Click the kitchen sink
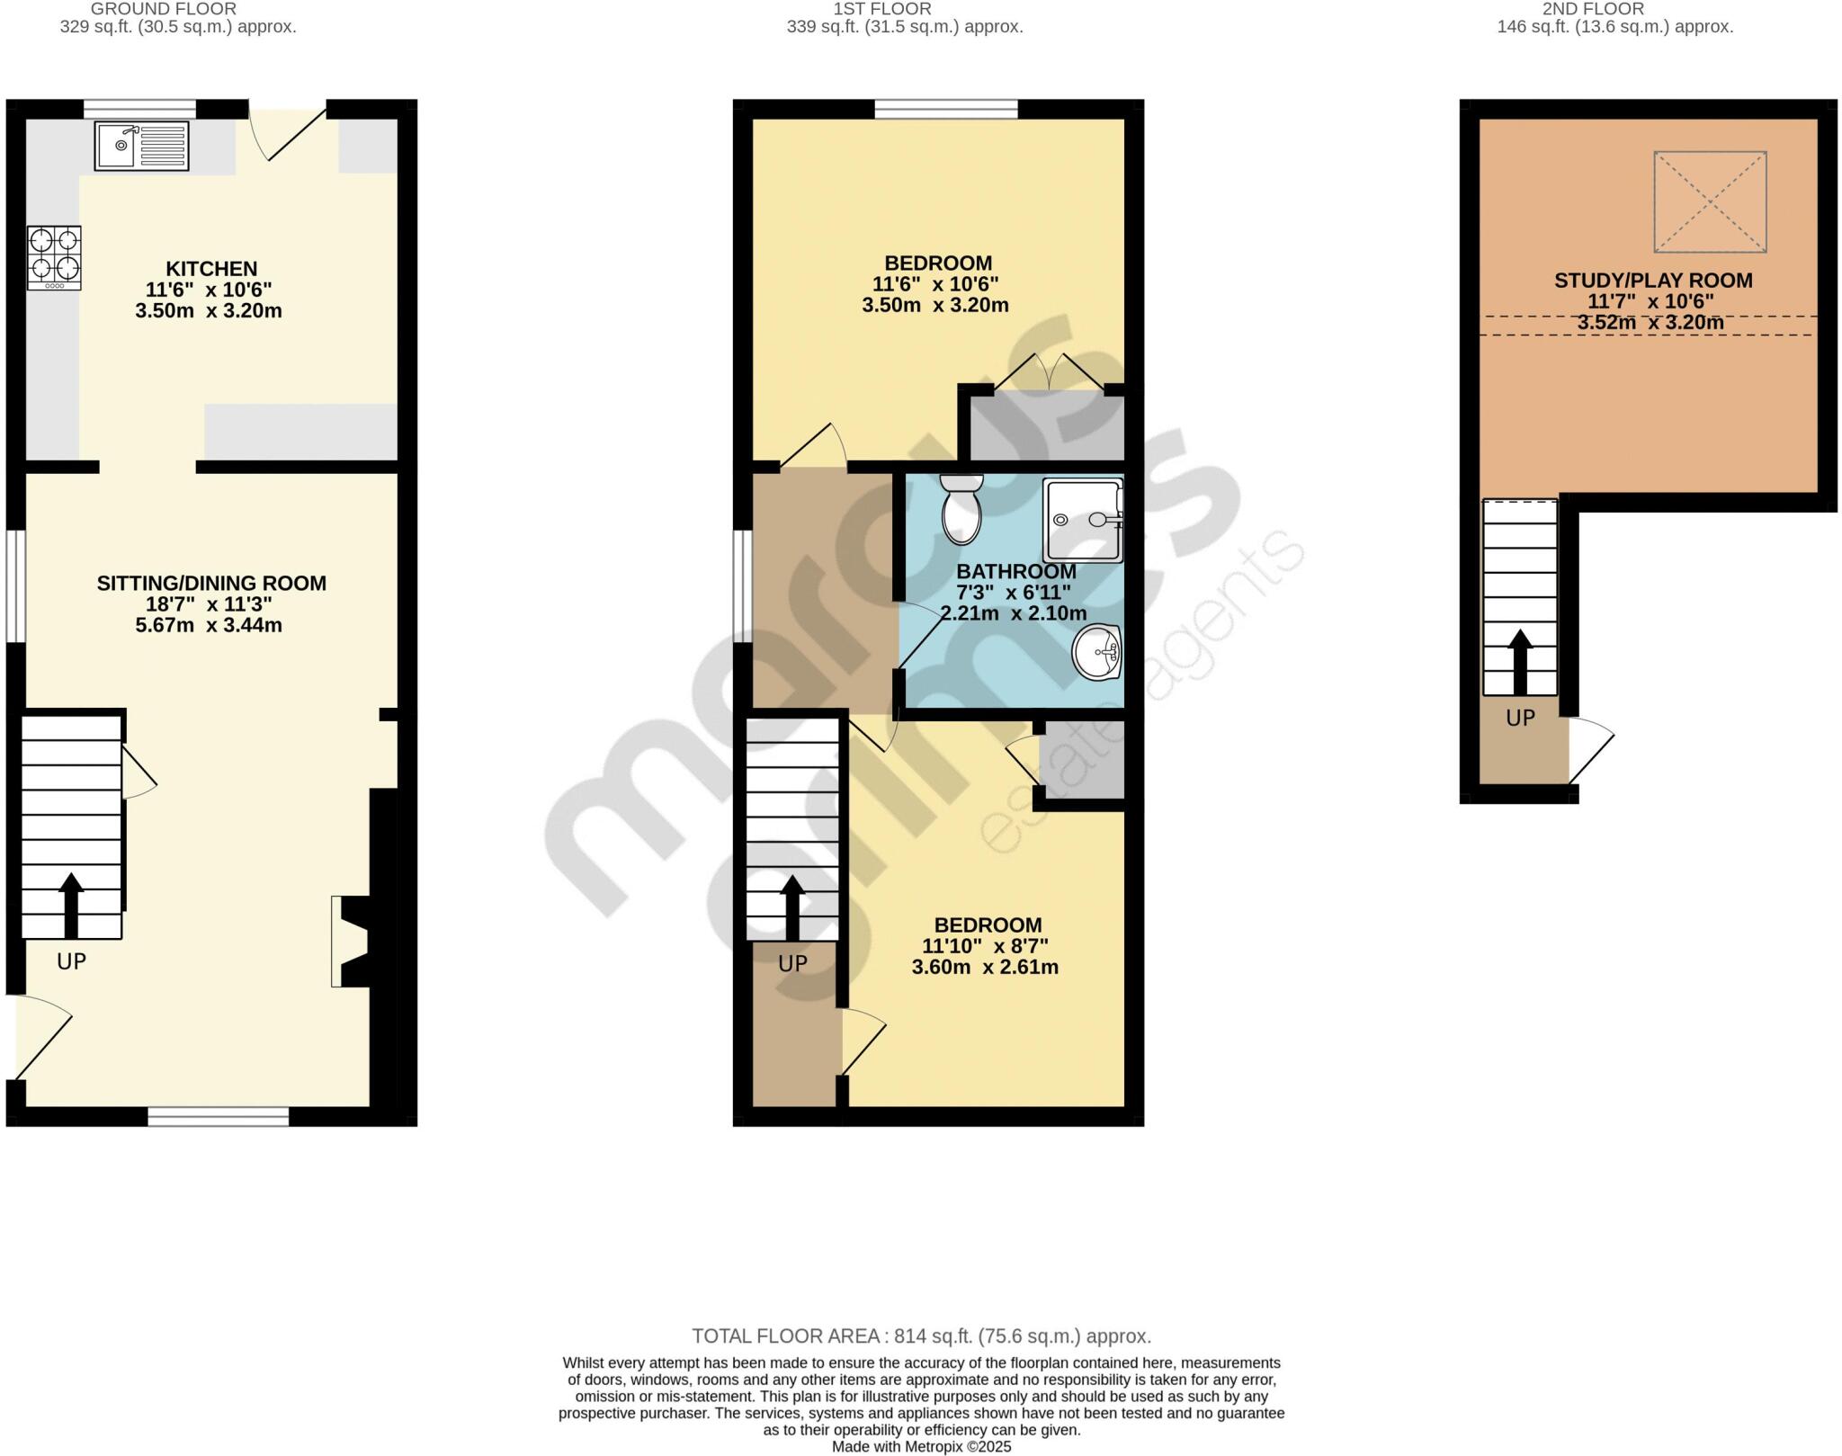[x=142, y=146]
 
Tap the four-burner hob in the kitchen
[x=54, y=257]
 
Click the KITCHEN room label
[x=211, y=268]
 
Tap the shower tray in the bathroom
[x=1083, y=520]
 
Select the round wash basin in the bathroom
[x=1096, y=651]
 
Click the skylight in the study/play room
[x=1710, y=201]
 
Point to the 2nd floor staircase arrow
[x=1520, y=661]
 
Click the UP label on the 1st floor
[x=792, y=964]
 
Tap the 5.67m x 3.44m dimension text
[x=209, y=625]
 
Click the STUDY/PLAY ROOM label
[x=1653, y=281]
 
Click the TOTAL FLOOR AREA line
[x=921, y=1335]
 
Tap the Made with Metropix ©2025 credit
[x=921, y=1447]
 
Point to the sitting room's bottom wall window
[x=218, y=1117]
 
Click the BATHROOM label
[x=1016, y=571]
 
